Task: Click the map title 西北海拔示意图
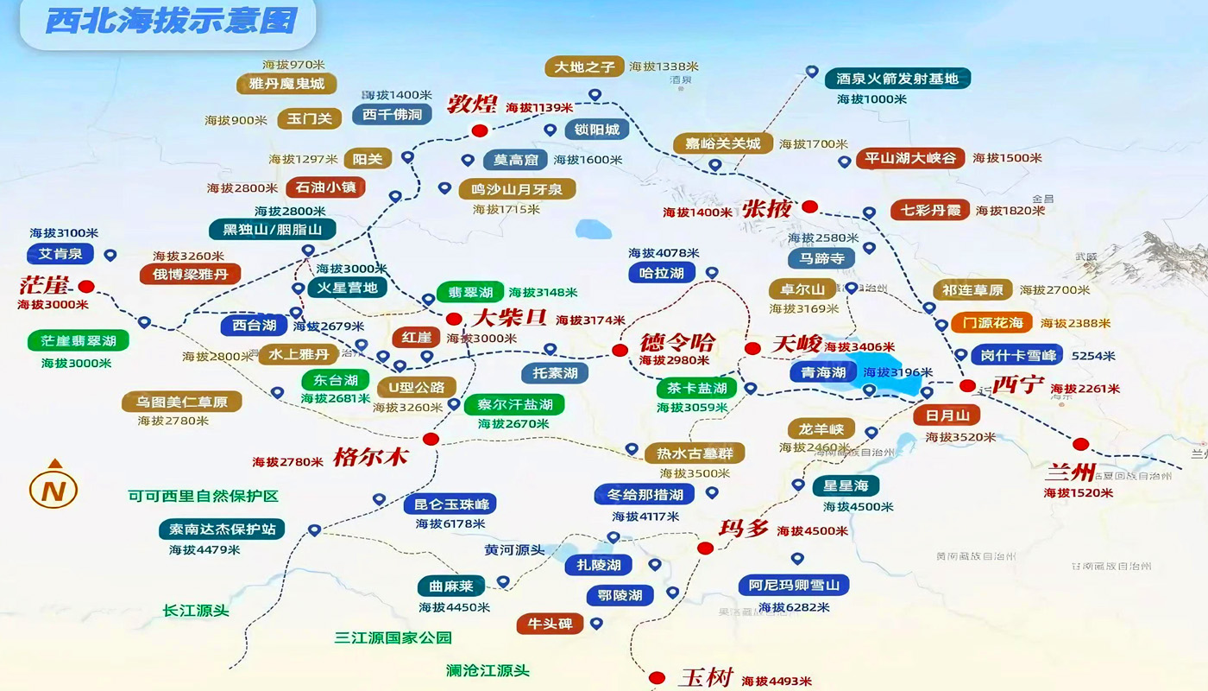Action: click(x=170, y=21)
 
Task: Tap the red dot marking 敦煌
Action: click(x=480, y=130)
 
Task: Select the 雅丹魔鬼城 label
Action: click(x=286, y=84)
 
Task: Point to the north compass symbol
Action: click(x=53, y=489)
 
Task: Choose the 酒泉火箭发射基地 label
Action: click(x=897, y=79)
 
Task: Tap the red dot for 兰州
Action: click(x=1080, y=444)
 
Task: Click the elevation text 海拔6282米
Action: click(x=794, y=607)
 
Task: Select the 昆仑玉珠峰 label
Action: click(x=450, y=504)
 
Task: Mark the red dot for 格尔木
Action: click(x=431, y=439)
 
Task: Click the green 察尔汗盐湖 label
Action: click(x=514, y=403)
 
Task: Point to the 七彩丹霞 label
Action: click(x=929, y=210)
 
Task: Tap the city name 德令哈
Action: click(x=677, y=342)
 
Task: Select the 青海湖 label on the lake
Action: click(x=823, y=372)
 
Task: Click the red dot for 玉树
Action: click(x=657, y=678)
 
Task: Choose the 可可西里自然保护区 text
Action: click(x=204, y=497)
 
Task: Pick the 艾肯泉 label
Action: click(x=60, y=254)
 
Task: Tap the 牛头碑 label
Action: click(x=550, y=624)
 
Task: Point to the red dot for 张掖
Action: click(x=809, y=206)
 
